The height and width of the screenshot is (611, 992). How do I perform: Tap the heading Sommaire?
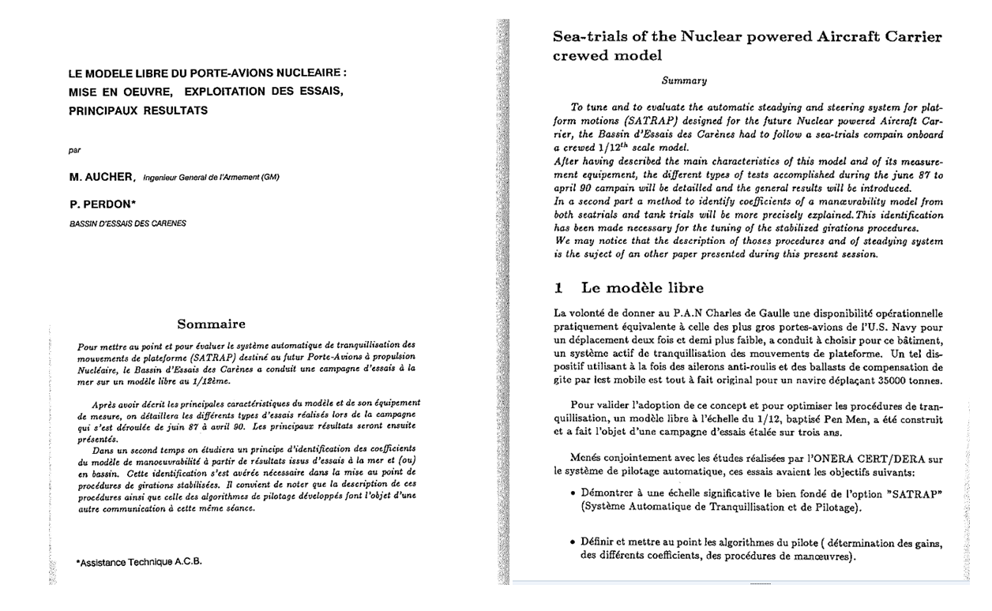click(211, 324)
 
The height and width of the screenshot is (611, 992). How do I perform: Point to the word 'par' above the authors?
click(76, 149)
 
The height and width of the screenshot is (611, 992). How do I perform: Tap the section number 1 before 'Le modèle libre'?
click(558, 288)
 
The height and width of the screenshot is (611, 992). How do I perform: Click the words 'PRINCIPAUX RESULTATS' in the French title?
click(138, 111)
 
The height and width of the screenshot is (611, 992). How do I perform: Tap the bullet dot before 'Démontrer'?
click(571, 494)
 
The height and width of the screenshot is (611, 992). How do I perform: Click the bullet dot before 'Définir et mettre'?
click(571, 542)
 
